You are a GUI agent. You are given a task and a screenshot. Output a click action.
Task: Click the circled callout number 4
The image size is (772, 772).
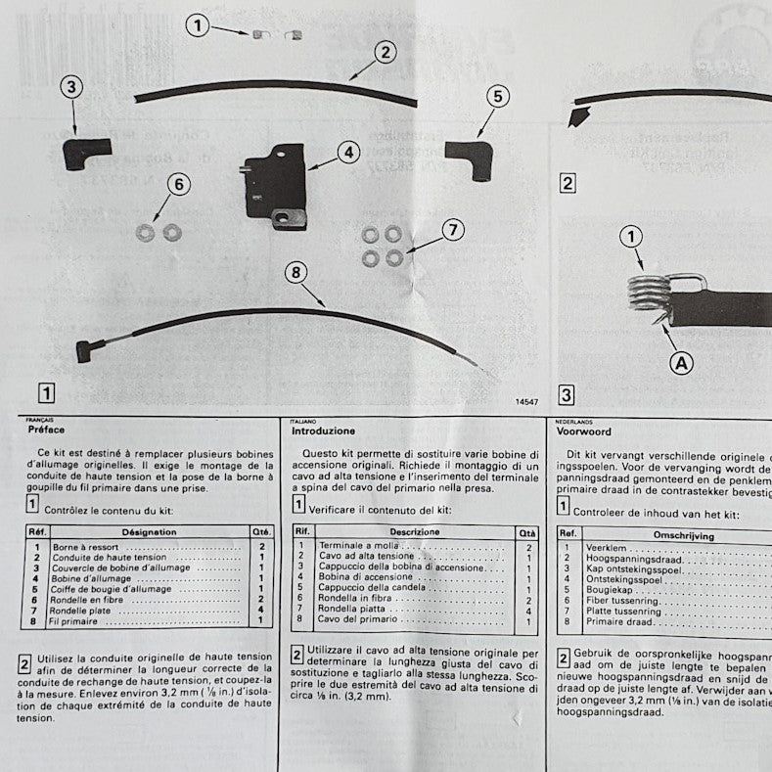[x=349, y=153]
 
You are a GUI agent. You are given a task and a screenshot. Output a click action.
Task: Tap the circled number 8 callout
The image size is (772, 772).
[x=295, y=273]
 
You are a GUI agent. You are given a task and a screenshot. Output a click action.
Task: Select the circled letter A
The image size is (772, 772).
[x=681, y=363]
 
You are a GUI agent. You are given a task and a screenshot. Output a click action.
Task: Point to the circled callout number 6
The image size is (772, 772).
[x=177, y=183]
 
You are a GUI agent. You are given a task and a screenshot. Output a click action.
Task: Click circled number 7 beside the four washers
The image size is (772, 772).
[x=451, y=230]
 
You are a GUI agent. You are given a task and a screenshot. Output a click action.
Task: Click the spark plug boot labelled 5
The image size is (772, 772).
[x=468, y=157]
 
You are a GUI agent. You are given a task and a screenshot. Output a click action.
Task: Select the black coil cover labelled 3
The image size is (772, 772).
[x=85, y=153]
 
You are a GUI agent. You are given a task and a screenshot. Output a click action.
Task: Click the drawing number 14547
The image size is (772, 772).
[x=526, y=401]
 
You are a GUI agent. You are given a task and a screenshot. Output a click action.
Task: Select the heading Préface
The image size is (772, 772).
[x=47, y=430]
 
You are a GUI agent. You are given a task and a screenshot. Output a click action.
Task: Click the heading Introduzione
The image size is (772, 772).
[x=324, y=431]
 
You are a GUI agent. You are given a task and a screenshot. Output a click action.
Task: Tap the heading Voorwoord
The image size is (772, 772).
[x=583, y=430]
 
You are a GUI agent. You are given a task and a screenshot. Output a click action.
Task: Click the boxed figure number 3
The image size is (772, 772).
[x=567, y=394]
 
